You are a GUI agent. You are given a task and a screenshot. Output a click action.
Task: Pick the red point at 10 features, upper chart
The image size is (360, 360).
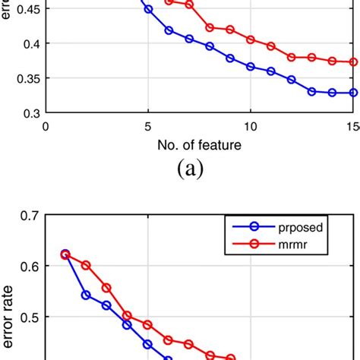click(251, 39)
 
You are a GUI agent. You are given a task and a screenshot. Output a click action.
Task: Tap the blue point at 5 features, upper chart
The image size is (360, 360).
click(148, 9)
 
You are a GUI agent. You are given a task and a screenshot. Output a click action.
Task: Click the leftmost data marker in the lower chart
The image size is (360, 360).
click(65, 254)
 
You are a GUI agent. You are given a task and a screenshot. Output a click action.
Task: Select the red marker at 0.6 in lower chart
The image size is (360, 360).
click(86, 265)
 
